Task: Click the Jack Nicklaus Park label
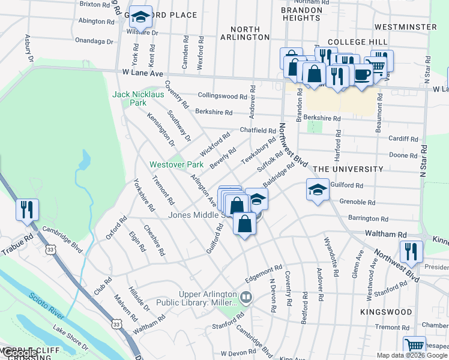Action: [129, 98]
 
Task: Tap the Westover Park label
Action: [176, 164]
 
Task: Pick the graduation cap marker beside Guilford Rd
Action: [318, 190]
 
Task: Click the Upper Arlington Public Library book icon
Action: [246, 297]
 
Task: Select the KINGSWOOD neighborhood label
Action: [387, 313]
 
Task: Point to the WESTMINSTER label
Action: [405, 27]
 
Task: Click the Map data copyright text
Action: [398, 355]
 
